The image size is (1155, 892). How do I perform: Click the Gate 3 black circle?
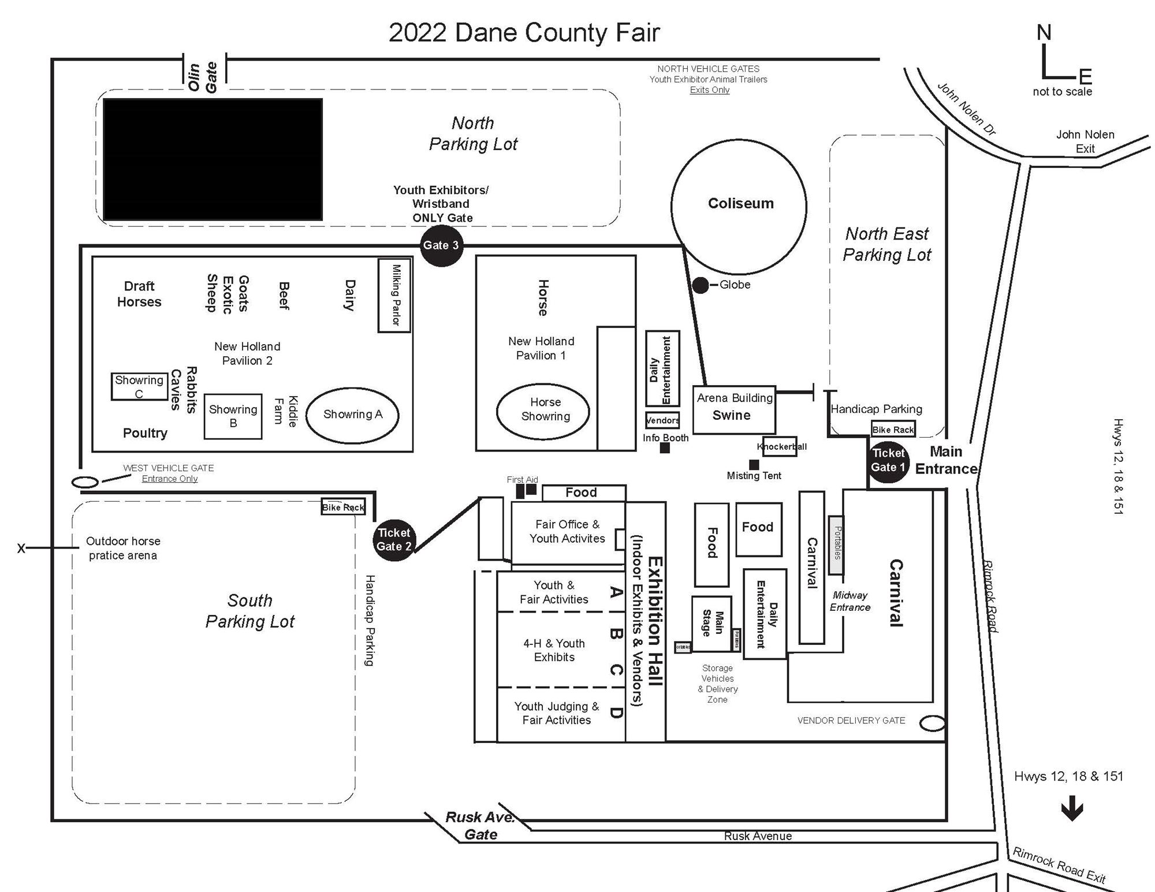[x=441, y=245]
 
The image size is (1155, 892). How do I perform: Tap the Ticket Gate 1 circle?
[x=888, y=460]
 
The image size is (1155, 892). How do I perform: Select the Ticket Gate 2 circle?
[x=394, y=540]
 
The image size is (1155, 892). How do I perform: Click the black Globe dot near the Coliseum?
[x=700, y=285]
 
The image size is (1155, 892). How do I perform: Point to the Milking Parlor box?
[x=394, y=295]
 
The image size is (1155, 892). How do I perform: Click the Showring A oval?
[x=352, y=415]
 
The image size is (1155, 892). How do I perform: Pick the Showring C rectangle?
[x=139, y=386]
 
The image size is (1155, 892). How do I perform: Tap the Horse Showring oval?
[x=543, y=410]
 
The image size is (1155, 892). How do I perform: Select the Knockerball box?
[x=780, y=446]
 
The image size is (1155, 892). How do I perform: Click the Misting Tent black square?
[x=754, y=464]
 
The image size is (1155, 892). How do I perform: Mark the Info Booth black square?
[x=665, y=447]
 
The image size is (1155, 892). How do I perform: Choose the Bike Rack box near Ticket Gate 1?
[x=893, y=429]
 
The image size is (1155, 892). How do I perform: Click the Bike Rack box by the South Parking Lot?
[x=343, y=507]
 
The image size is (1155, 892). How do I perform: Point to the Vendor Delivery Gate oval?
[x=932, y=723]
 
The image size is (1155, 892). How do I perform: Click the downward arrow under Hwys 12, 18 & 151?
[x=1072, y=808]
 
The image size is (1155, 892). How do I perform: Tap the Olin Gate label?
[x=203, y=77]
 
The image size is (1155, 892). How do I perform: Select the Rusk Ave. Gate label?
[x=480, y=826]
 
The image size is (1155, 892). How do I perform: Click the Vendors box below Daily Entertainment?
[x=662, y=420]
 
